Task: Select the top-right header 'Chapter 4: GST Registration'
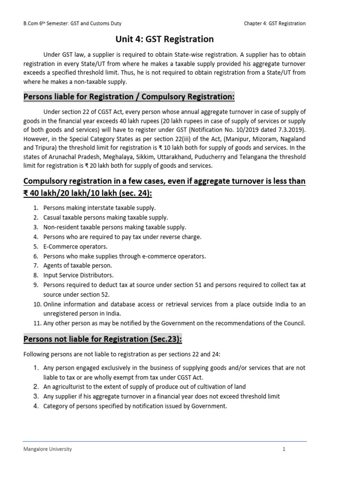tap(275, 23)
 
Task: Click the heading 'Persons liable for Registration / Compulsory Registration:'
tap(129, 97)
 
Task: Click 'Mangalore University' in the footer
tap(48, 449)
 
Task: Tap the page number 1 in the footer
tap(284, 449)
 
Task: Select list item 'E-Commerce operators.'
tap(75, 247)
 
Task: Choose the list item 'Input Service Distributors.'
tap(78, 275)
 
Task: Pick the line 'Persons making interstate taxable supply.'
tap(99, 208)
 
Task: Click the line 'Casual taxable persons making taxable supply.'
tap(105, 217)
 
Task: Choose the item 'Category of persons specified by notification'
tap(135, 406)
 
